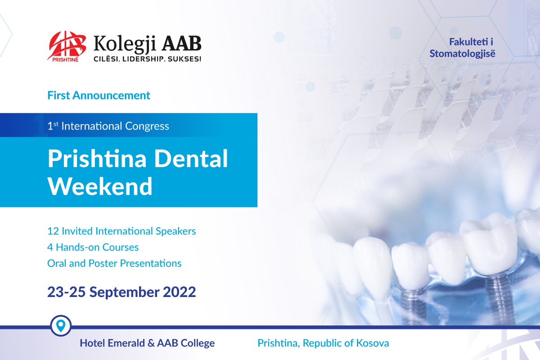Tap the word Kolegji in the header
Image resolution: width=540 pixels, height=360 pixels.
click(x=125, y=45)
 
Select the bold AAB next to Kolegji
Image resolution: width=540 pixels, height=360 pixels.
click(x=181, y=43)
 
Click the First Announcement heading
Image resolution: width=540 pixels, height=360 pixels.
click(x=99, y=95)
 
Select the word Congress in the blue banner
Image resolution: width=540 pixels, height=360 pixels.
click(x=147, y=126)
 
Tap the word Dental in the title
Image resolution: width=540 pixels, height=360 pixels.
click(x=191, y=158)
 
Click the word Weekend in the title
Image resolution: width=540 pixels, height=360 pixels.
click(x=100, y=186)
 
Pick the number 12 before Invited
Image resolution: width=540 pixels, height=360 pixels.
click(x=53, y=231)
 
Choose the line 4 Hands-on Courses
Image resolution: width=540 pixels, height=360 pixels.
click(x=93, y=247)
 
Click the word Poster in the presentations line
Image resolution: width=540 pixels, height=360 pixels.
click(x=103, y=263)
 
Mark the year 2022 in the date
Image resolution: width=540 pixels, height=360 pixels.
click(x=180, y=292)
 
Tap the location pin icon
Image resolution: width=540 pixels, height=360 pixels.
click(x=61, y=325)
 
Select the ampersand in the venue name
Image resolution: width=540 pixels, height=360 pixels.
click(x=151, y=343)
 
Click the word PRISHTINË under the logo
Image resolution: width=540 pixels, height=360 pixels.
click(x=65, y=59)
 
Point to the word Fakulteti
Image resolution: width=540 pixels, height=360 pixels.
click(x=468, y=42)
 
